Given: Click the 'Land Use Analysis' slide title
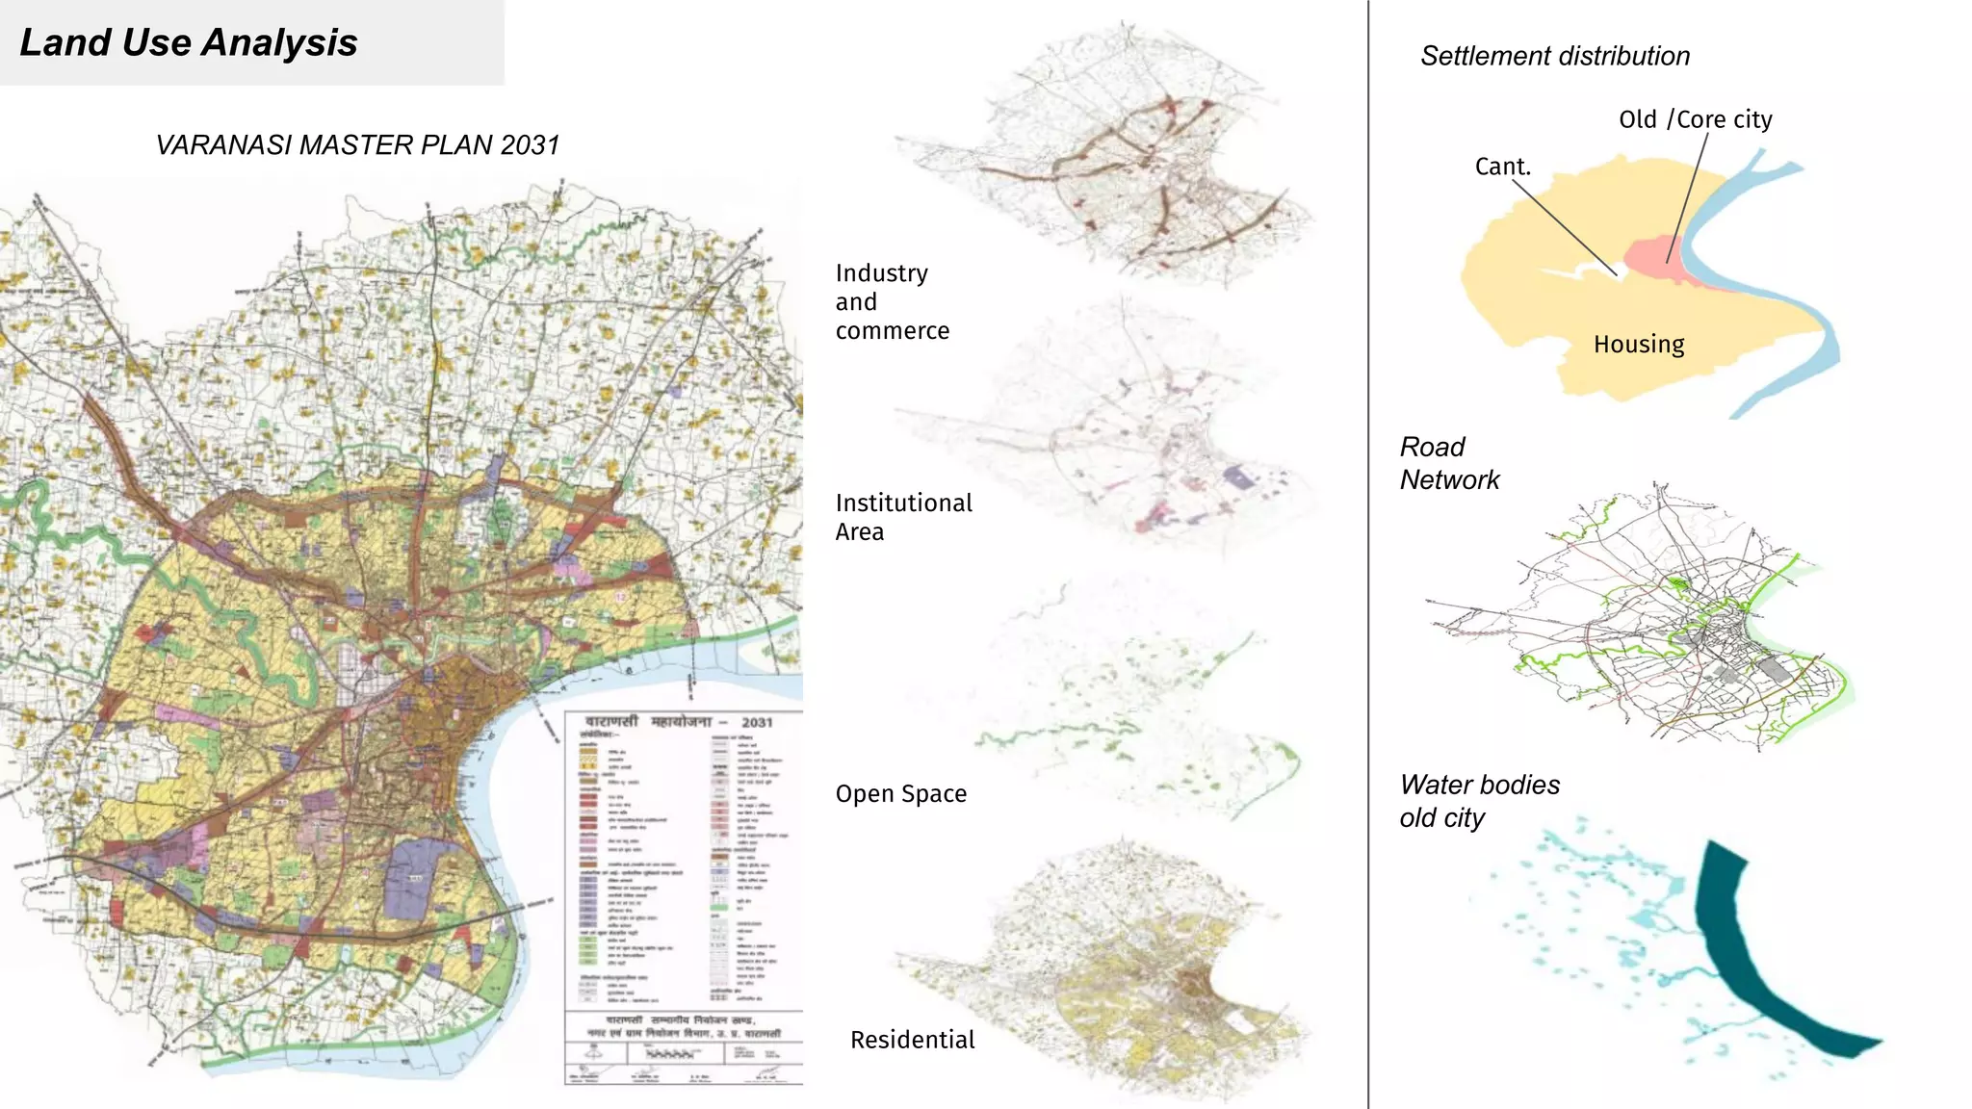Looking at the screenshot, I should point(189,43).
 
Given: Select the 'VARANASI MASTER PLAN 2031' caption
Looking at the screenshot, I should point(357,145).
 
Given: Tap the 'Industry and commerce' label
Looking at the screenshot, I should point(891,301).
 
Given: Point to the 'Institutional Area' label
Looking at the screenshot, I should point(903,517).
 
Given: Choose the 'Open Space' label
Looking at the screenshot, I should point(900,794).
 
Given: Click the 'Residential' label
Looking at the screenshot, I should point(912,1040).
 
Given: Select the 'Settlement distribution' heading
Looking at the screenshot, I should point(1554,57).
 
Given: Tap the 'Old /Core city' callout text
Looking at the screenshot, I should point(1695,119).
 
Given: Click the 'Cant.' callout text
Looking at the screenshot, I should point(1502,167).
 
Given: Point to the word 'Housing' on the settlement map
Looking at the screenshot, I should point(1638,345).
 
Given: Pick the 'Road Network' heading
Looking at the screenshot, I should point(1448,463).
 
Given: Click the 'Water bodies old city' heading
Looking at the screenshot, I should point(1479,801).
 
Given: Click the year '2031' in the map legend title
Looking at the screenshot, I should point(757,722).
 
